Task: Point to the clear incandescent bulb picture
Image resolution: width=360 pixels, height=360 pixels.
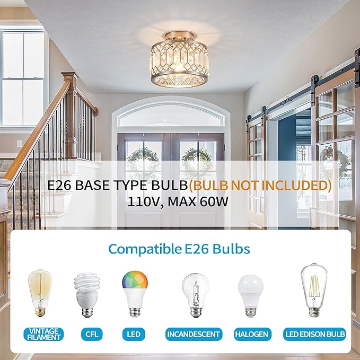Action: pyautogui.click(x=192, y=295)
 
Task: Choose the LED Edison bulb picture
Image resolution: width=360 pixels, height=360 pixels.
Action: pyautogui.click(x=315, y=290)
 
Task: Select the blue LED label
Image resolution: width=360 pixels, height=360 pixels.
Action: pyautogui.click(x=134, y=335)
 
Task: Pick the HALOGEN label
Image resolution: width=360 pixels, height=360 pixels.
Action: pyautogui.click(x=252, y=335)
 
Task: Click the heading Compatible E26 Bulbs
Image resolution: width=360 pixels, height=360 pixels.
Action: pyautogui.click(x=180, y=249)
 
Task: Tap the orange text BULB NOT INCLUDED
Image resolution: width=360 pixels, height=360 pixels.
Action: pyautogui.click(x=261, y=186)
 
